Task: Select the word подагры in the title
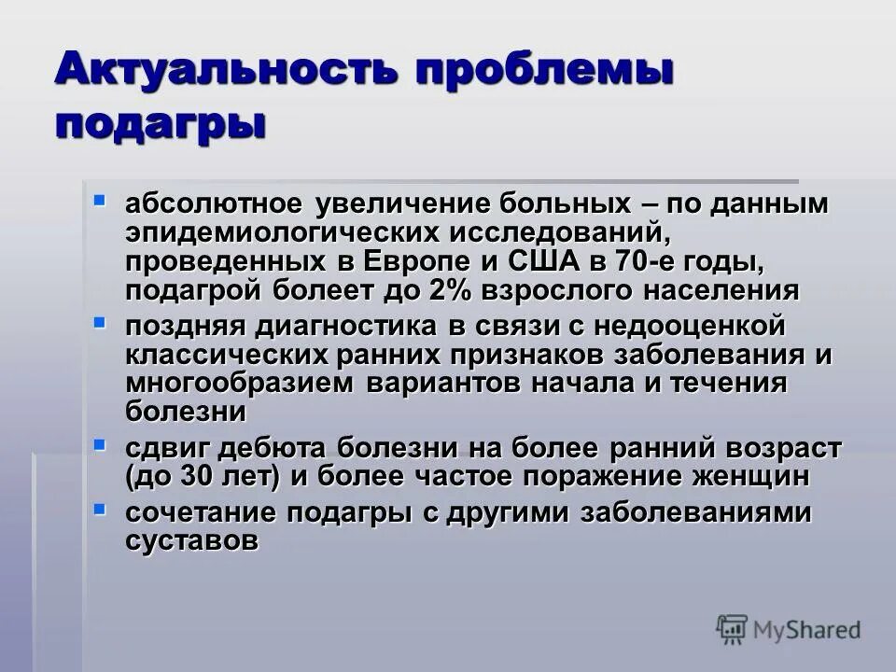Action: pos(158,123)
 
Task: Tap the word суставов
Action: pos(191,540)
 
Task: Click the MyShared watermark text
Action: pos(808,629)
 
